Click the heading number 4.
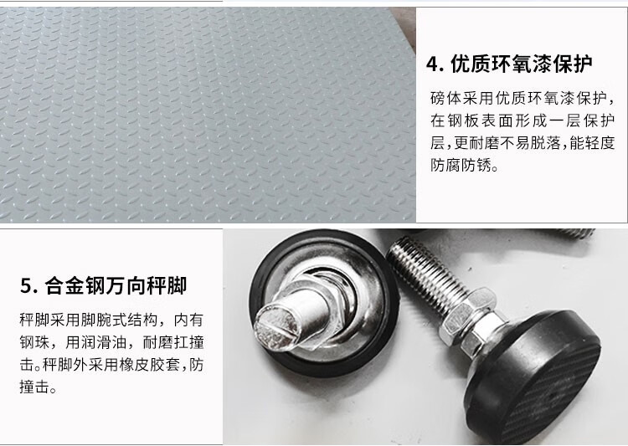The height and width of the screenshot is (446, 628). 434,64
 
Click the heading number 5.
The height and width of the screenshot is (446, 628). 28,286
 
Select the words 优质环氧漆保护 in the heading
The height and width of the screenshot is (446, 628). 522,64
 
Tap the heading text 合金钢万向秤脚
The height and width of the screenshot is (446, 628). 116,286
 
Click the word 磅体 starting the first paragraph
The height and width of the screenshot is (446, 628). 446,98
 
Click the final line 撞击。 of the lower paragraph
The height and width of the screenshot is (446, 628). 38,387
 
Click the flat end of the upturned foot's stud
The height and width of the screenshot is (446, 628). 277,325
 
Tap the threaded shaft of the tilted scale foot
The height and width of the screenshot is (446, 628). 426,272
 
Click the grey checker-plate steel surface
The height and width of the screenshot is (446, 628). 200,116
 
